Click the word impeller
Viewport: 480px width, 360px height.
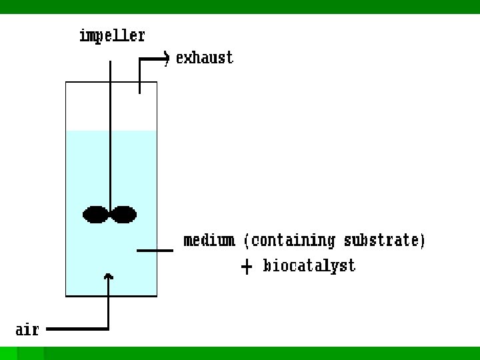click(x=112, y=35)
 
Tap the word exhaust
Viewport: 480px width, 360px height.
click(x=205, y=58)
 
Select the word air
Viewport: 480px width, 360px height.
click(x=27, y=329)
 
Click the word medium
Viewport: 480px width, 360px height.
click(x=209, y=240)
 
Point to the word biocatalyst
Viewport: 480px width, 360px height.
click(x=309, y=266)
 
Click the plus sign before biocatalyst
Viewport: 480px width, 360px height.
click(x=247, y=267)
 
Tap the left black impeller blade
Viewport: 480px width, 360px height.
click(x=96, y=215)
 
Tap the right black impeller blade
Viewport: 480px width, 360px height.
click(x=124, y=215)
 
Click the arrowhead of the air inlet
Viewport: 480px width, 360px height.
click(x=109, y=275)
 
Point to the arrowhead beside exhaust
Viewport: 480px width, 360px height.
click(x=166, y=59)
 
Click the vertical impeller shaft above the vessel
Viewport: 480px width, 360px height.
click(x=110, y=70)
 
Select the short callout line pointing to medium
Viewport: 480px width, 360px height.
click(x=155, y=251)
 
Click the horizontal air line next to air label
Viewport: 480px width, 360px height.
click(x=77, y=329)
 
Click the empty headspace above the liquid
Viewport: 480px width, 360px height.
click(x=87, y=107)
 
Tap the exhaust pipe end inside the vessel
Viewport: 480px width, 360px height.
click(x=139, y=90)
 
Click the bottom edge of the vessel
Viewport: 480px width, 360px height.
click(x=111, y=295)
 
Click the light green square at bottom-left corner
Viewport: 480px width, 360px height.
click(x=8, y=353)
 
